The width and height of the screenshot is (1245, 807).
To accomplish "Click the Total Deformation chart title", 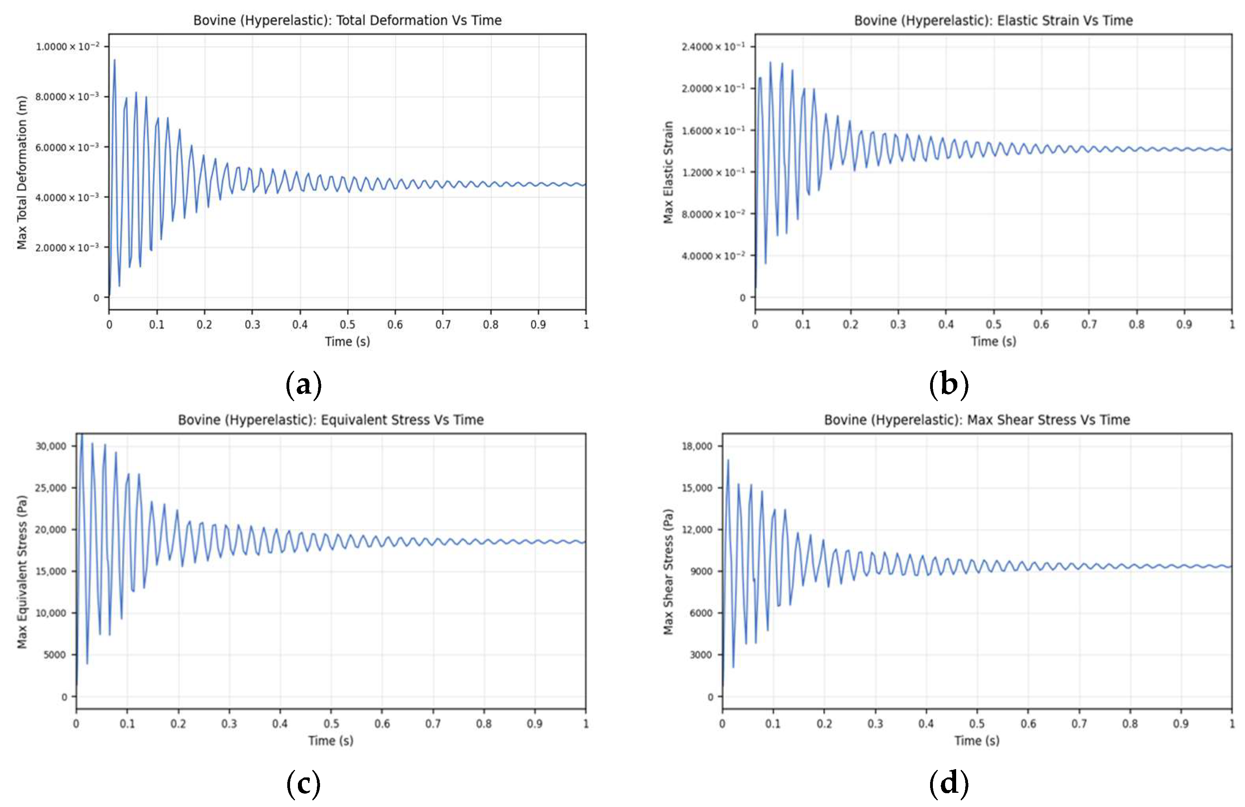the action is [x=347, y=21].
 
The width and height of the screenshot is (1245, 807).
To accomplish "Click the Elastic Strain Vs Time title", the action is [x=993, y=21].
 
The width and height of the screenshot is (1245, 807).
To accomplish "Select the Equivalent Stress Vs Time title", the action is [x=331, y=420].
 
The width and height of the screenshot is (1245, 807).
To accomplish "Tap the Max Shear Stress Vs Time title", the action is [x=977, y=420].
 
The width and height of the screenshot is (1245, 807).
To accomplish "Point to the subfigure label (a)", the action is [x=303, y=385].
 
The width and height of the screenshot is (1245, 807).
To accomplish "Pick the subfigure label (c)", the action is [x=303, y=784].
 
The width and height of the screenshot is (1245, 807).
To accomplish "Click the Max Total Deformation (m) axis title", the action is [x=21, y=173].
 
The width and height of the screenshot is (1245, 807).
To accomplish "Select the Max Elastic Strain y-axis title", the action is [x=668, y=173].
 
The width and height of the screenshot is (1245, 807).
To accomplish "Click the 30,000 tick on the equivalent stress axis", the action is [x=51, y=446].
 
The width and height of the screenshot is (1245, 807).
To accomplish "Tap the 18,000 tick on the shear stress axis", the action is [x=697, y=446].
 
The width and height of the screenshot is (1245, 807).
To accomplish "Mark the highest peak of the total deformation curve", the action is [x=114, y=60].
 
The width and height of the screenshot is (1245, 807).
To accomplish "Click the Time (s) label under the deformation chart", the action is [x=347, y=342].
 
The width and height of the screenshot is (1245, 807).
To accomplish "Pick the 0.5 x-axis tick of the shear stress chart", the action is [x=977, y=724].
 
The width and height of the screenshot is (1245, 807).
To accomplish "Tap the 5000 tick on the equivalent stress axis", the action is [x=55, y=655].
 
